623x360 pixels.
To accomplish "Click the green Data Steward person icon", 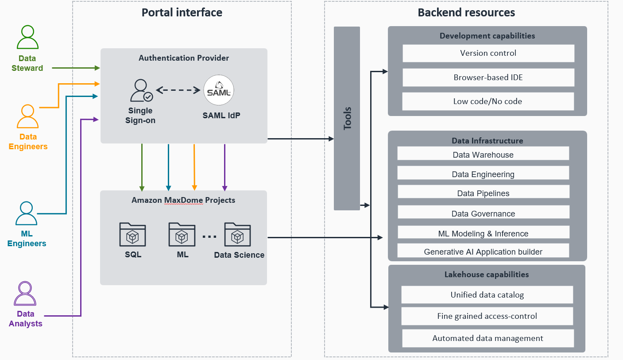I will pos(27,37).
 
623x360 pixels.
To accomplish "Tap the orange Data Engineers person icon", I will pos(27,116).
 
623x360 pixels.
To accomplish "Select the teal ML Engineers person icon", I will pos(27,213).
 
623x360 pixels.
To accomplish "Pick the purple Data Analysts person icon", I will pos(25,294).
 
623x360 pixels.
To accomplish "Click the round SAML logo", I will pos(219,90).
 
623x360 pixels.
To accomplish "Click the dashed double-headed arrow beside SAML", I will pos(178,90).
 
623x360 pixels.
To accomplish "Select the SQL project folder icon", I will pos(132,235).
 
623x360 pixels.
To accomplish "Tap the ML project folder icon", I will pos(182,235).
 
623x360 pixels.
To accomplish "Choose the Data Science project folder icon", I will pos(237,235).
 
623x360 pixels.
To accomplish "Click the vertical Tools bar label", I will pos(347,118).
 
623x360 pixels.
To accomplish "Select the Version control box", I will pos(488,53).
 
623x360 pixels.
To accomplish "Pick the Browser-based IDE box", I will pos(488,77).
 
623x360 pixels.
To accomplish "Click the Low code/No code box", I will pos(488,101).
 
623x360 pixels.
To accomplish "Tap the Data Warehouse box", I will pos(483,155).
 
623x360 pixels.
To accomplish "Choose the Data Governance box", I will pos(483,213).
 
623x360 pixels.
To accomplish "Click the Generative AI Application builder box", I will pos(483,251).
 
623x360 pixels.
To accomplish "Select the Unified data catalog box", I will pos(487,295).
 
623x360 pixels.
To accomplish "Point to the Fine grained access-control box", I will pos(487,316).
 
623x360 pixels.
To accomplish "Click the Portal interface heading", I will pos(182,12).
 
